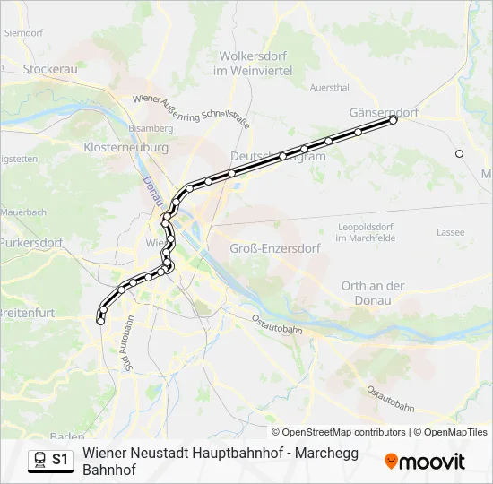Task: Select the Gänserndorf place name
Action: [383, 113]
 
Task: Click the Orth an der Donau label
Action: [373, 292]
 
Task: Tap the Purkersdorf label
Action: [30, 242]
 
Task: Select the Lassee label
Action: [450, 232]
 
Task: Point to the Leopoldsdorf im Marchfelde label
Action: [365, 232]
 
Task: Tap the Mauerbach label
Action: [22, 212]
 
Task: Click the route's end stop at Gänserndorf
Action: [393, 120]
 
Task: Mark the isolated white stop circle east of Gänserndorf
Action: [460, 153]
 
